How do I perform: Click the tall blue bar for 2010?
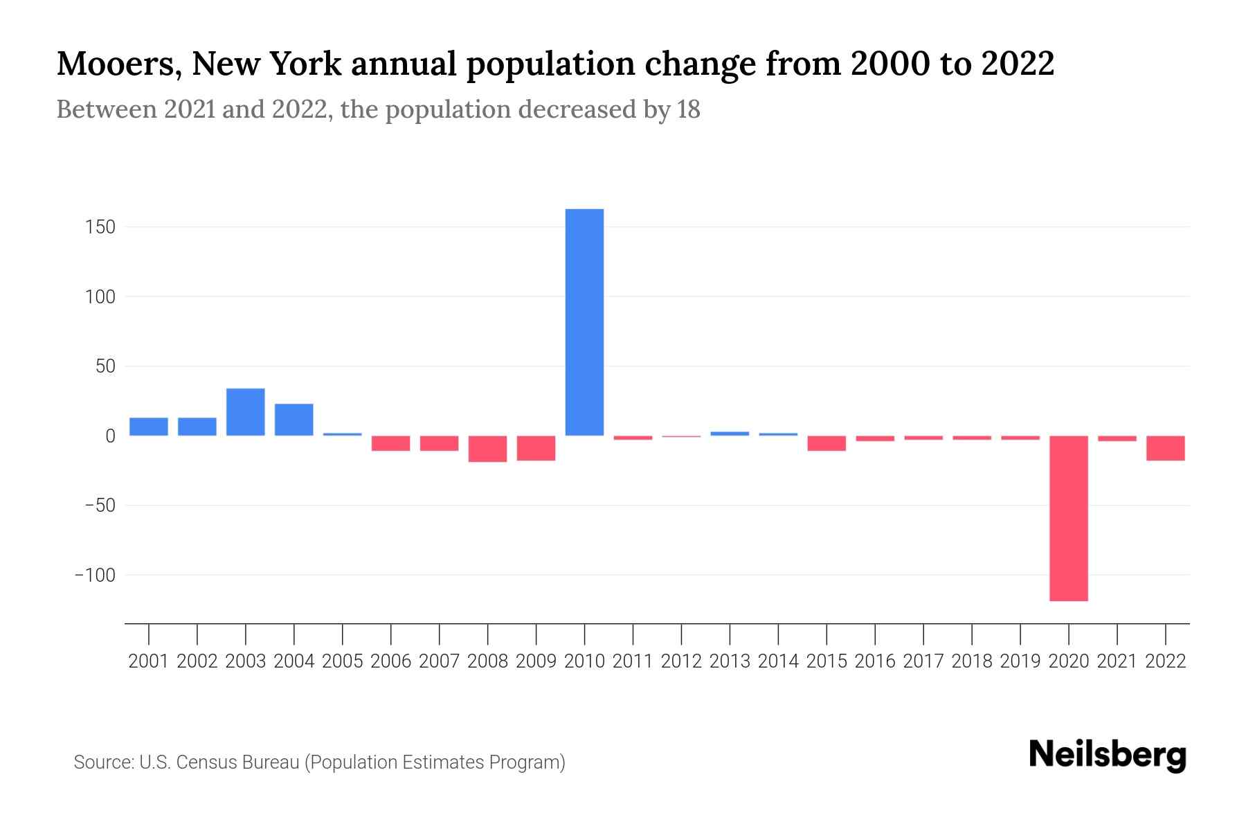click(x=584, y=322)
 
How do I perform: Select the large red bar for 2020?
click(x=1069, y=518)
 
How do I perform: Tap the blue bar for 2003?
click(x=246, y=412)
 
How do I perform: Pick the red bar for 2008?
click(x=488, y=449)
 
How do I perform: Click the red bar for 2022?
click(x=1166, y=448)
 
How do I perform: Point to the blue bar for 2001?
click(x=149, y=427)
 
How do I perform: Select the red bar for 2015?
click(x=827, y=443)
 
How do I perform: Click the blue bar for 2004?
click(x=294, y=420)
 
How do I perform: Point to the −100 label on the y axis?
click(x=95, y=575)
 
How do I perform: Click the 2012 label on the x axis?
click(x=681, y=661)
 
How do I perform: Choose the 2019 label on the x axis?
click(x=1020, y=661)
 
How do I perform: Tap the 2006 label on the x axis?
click(x=391, y=661)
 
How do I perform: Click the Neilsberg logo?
click(x=1108, y=755)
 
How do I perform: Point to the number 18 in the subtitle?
click(x=688, y=109)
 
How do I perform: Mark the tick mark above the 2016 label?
click(x=875, y=633)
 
